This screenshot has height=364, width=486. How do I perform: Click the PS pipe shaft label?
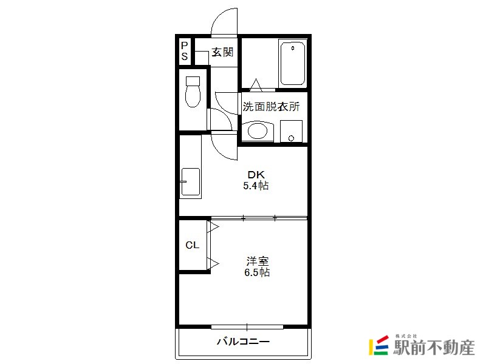185,51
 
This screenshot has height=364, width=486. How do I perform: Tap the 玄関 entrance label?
222,52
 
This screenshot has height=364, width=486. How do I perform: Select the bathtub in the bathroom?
292,63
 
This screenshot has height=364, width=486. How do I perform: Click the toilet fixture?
193,92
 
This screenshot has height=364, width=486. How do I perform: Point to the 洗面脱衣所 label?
271,107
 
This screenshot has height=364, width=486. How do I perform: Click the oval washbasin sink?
258,132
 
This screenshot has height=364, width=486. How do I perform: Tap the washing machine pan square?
291,131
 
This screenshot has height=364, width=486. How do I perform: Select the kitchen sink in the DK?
190,181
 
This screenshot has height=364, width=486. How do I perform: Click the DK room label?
256,175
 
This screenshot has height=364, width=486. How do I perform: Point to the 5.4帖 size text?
256,186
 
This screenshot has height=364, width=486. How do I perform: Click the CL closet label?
192,245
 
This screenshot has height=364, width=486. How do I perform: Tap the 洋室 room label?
257,261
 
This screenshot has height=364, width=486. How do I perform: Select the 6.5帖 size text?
257,272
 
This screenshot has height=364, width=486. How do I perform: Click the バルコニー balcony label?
243,342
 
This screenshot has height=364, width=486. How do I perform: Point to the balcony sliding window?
247,327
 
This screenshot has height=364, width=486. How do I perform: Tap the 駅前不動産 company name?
434,347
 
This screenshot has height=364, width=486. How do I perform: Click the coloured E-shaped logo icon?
378,345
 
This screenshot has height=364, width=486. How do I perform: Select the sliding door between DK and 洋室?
259,218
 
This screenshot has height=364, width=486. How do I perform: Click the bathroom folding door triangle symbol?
256,85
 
